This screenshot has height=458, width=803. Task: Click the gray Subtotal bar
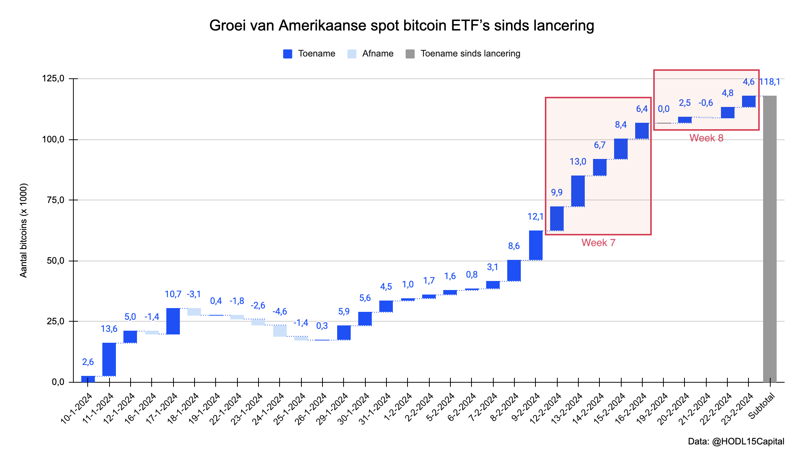(770, 239)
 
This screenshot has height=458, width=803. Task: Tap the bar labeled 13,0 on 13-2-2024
(578, 191)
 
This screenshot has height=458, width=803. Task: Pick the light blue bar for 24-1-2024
(280, 331)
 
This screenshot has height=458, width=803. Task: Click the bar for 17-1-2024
(173, 321)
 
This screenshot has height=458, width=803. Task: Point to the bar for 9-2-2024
(536, 245)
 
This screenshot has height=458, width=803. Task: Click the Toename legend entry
(309, 54)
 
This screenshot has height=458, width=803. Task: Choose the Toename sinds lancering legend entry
(463, 54)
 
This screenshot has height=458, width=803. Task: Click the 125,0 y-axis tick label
(53, 79)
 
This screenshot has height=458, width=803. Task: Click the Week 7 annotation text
(598, 243)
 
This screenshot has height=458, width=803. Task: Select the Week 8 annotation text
(706, 138)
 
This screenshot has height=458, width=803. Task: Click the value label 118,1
(770, 82)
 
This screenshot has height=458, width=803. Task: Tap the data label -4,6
(280, 311)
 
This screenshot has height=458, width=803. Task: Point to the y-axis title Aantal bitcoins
(24, 231)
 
